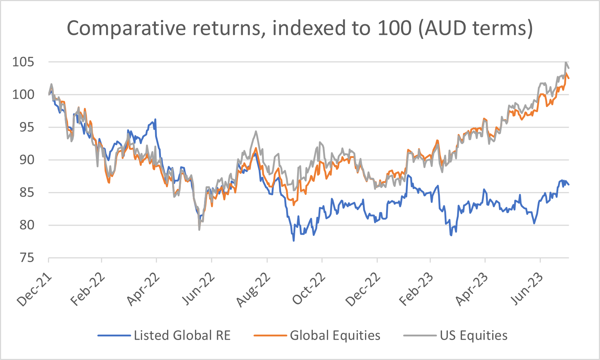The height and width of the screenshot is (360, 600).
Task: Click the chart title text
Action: coord(300,28)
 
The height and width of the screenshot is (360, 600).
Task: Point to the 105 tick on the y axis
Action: coord(23,62)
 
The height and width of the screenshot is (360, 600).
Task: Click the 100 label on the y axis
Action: coord(23,95)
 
